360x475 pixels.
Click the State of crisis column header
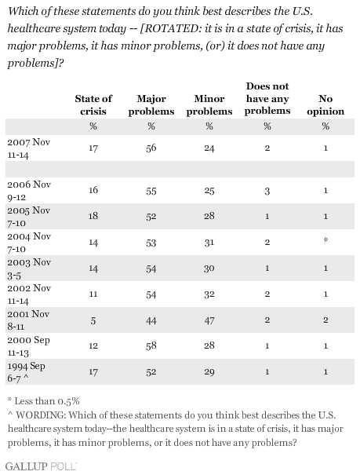93,105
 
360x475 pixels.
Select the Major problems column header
151,105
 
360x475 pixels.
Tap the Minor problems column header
209,105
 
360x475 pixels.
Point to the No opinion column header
325,105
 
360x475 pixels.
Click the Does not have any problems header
267,98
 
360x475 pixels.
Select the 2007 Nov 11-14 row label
28,148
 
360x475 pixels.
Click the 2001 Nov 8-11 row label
28,320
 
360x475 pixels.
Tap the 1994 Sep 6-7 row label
27,372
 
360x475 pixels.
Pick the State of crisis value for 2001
93,320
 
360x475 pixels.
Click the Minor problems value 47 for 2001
209,320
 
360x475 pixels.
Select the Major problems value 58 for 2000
151,345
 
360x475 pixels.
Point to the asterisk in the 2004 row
325,240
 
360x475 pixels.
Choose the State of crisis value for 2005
93,216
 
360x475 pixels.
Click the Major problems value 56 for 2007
151,148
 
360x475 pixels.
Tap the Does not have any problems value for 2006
267,191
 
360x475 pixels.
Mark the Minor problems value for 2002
209,294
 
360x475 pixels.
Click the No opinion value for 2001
325,320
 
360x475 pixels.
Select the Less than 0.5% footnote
44,401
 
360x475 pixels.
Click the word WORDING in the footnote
40,415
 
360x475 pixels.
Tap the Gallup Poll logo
41,466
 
